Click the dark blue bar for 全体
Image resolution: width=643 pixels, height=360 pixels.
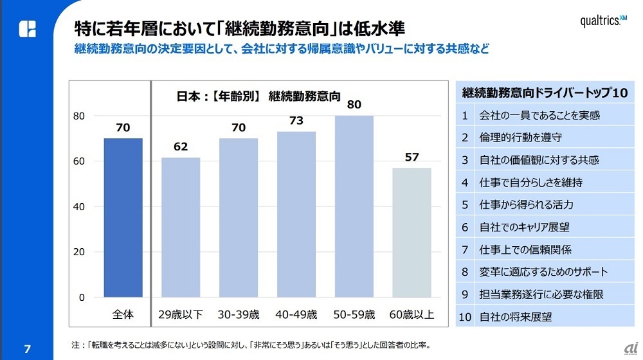pyautogui.click(x=123, y=218)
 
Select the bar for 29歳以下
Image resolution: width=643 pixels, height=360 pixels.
pyautogui.click(x=181, y=227)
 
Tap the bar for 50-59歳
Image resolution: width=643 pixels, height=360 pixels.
pyautogui.click(x=354, y=206)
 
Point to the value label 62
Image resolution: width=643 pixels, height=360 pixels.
pyautogui.click(x=181, y=147)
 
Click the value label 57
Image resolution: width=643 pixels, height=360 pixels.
pyautogui.click(x=412, y=157)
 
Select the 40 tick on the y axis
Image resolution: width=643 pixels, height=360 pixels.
pyautogui.click(x=78, y=207)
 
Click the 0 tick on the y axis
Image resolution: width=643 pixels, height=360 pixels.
pyautogui.click(x=82, y=298)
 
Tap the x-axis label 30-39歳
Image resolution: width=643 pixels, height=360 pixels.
pyautogui.click(x=239, y=315)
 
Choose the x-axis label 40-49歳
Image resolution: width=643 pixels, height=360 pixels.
pyautogui.click(x=296, y=315)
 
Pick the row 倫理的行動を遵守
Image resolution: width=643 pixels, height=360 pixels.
pyautogui.click(x=544, y=138)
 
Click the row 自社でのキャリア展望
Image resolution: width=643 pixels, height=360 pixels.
pyautogui.click(x=544, y=228)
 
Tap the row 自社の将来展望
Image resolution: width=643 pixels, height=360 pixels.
pyautogui.click(x=544, y=317)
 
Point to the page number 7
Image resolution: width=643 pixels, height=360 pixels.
pyautogui.click(x=27, y=348)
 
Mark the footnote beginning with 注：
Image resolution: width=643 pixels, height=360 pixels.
pyautogui.click(x=250, y=345)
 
